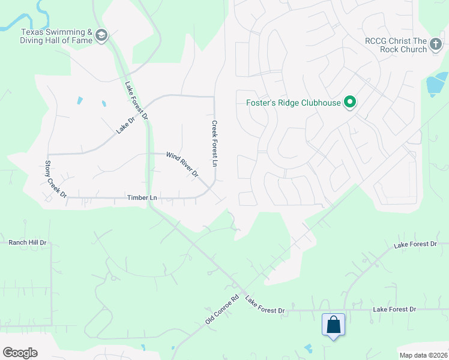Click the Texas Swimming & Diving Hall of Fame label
[56, 36]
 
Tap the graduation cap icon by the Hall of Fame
[101, 36]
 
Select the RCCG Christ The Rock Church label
[396, 45]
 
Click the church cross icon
[435, 45]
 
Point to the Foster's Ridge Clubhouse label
[294, 103]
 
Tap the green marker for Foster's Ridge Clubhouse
[349, 103]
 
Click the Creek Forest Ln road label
[214, 143]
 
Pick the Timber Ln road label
[142, 197]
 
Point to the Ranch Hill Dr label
[27, 243]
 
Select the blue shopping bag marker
[333, 325]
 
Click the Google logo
[20, 353]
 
